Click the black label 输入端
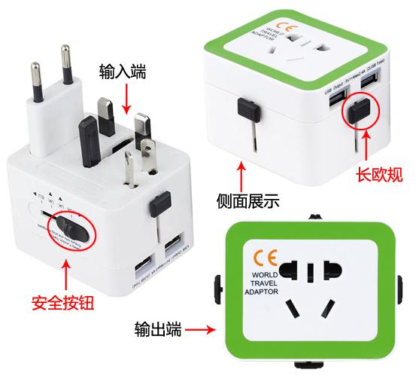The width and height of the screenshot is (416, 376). (123, 72)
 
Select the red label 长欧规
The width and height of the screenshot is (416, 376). (379, 176)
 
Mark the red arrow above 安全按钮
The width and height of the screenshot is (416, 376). (66, 274)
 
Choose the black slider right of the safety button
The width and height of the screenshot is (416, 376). (157, 205)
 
